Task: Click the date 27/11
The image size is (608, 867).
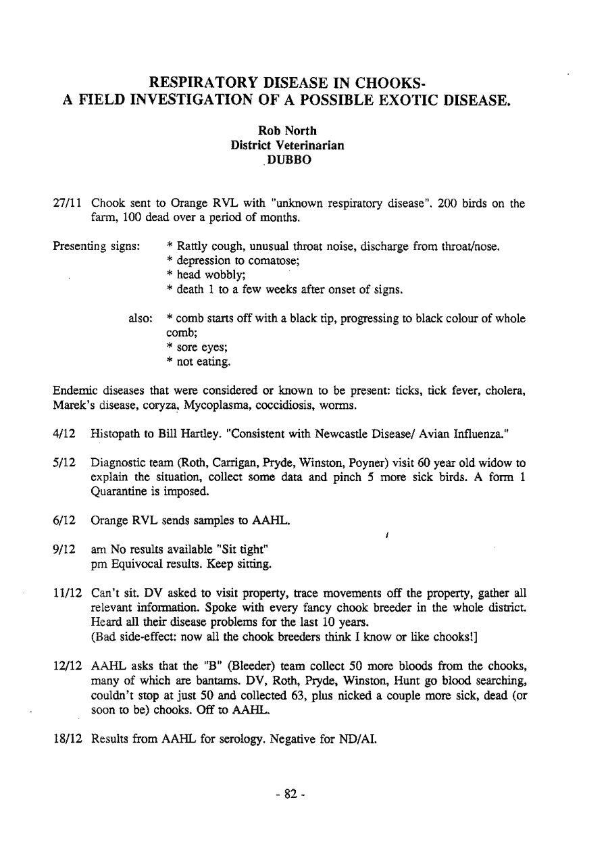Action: pos(68,203)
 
